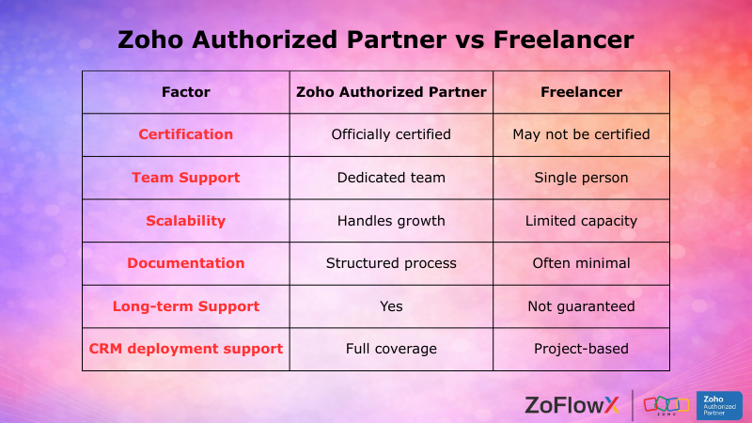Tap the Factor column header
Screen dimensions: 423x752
click(186, 92)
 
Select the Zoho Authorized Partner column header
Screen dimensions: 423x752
click(391, 92)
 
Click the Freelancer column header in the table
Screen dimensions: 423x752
click(581, 92)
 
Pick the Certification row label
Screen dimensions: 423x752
click(186, 134)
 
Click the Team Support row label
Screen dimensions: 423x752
click(186, 178)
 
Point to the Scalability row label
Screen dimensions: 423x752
click(186, 221)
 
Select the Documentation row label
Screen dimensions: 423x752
click(186, 263)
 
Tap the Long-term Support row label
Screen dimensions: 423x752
click(186, 306)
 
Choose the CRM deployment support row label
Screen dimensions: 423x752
click(186, 349)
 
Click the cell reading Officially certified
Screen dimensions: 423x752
click(391, 134)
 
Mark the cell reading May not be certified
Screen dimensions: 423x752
click(581, 134)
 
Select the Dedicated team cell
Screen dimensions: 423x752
click(391, 178)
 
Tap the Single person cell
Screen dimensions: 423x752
click(581, 178)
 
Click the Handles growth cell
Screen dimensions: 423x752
click(391, 221)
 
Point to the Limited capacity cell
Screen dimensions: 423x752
click(581, 221)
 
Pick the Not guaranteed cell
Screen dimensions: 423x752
click(581, 306)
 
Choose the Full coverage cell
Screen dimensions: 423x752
click(391, 349)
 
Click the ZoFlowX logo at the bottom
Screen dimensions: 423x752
click(572, 405)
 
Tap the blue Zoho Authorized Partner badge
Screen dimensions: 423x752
click(719, 405)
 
